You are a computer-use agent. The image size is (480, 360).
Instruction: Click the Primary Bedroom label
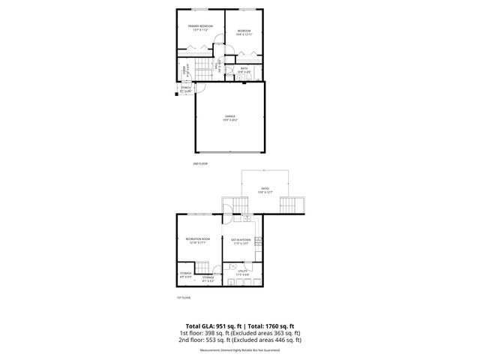click(x=200, y=28)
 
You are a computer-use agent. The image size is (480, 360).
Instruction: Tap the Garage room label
click(x=230, y=118)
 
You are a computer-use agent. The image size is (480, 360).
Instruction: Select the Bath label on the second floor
click(x=244, y=69)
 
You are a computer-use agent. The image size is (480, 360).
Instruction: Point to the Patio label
click(x=265, y=190)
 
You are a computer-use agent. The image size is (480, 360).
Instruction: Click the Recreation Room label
click(x=198, y=241)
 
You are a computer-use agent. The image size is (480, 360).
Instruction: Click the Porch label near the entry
click(x=185, y=90)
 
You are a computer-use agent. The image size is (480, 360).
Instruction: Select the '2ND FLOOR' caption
click(x=200, y=163)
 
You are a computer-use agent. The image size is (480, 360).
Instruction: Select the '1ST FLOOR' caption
click(x=184, y=298)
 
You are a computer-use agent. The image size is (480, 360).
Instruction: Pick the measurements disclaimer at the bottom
click(x=239, y=350)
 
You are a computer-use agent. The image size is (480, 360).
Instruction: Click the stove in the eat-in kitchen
click(x=258, y=241)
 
